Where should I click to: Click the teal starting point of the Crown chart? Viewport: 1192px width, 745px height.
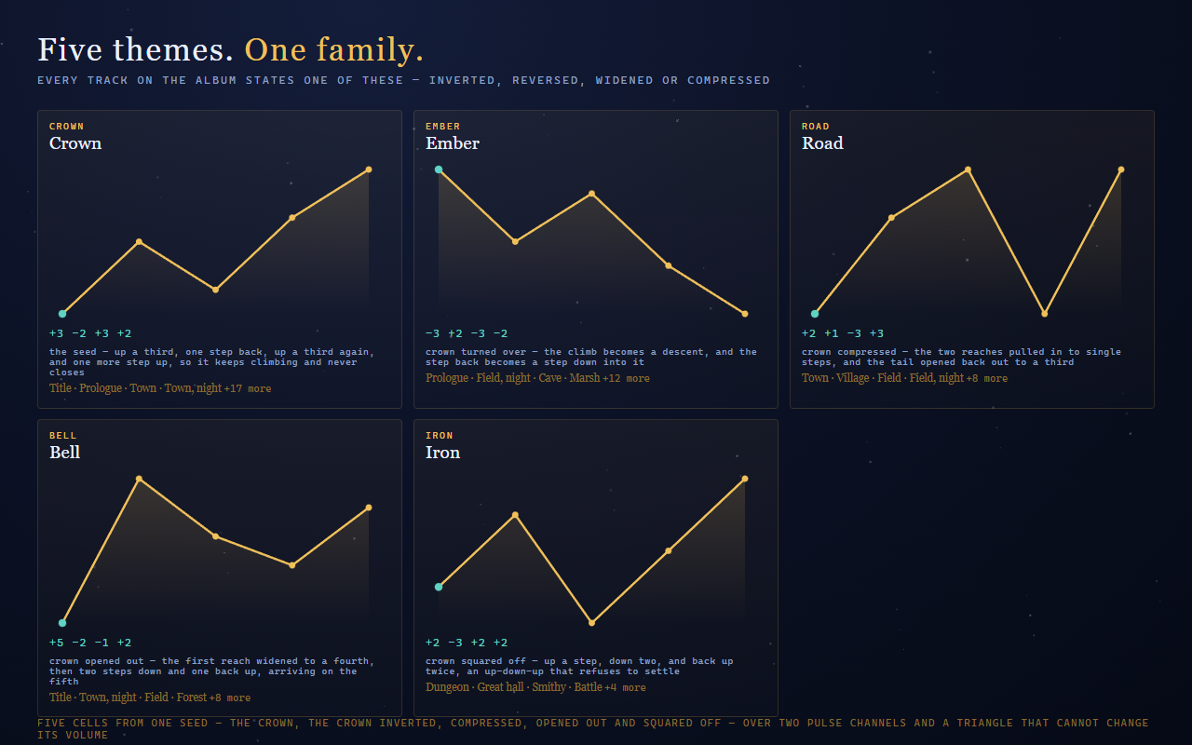tap(62, 314)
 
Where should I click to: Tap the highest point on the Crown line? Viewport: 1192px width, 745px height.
tap(369, 169)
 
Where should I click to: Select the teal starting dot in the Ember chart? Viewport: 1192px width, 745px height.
tap(439, 169)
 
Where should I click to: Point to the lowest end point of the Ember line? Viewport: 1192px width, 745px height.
tap(745, 314)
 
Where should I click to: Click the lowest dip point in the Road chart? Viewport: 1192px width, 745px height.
tap(1045, 314)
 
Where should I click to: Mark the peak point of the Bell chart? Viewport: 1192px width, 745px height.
tap(139, 479)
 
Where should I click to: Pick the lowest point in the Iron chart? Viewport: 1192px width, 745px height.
tap(591, 623)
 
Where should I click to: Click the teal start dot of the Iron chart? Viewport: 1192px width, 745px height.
tap(439, 587)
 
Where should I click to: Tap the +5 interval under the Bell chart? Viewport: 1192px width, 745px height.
tap(57, 643)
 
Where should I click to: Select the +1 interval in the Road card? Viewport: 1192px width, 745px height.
tap(832, 333)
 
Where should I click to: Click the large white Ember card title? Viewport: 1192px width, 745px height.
tap(453, 143)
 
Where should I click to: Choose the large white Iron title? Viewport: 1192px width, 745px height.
tap(442, 453)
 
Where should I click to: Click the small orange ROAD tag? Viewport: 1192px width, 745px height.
tap(815, 127)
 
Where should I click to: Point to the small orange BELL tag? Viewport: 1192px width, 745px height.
tap(62, 436)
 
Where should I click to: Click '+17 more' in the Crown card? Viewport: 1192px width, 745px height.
tap(248, 388)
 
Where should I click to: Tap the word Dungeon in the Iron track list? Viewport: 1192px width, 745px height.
tap(447, 687)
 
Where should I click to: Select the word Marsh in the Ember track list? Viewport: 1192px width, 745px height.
tap(584, 378)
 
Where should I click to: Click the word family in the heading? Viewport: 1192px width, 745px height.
tap(366, 50)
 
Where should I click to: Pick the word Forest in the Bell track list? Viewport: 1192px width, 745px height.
tap(192, 698)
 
